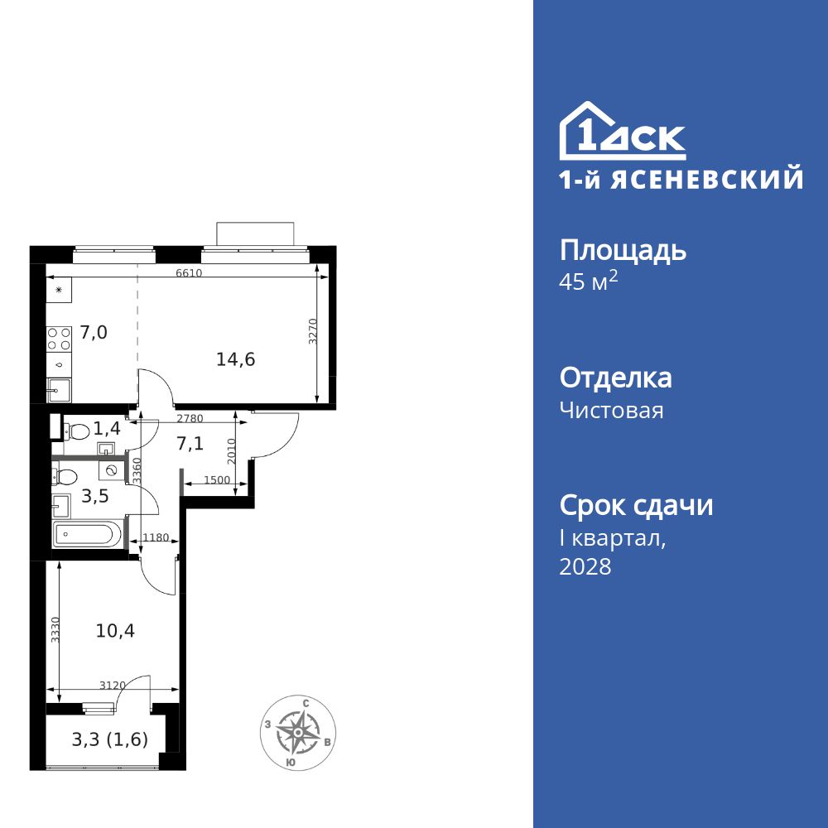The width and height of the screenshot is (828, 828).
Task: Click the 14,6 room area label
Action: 236,359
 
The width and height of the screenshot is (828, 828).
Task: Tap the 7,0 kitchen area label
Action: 94,333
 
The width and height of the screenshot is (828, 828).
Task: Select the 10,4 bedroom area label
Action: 115,630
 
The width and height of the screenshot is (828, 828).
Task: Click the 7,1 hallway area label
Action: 190,444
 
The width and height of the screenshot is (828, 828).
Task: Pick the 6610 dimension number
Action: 189,273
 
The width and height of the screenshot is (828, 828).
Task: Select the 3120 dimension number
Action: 112,685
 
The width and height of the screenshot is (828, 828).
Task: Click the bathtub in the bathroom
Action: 87,534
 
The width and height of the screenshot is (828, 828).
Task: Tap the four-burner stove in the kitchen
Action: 59,339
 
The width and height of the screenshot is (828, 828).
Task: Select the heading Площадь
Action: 623,251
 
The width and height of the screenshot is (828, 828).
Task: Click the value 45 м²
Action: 589,282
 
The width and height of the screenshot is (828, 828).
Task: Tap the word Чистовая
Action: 611,410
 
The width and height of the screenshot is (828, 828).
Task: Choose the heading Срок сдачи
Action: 636,505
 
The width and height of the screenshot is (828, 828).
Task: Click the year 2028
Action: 585,567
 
